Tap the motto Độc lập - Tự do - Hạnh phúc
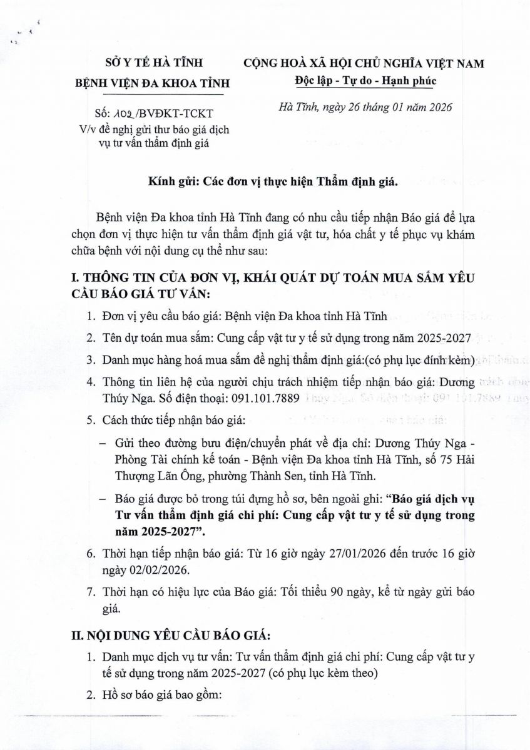tap(365, 81)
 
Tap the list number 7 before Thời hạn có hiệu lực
tap(91, 591)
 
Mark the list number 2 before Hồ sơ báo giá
tap(91, 696)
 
